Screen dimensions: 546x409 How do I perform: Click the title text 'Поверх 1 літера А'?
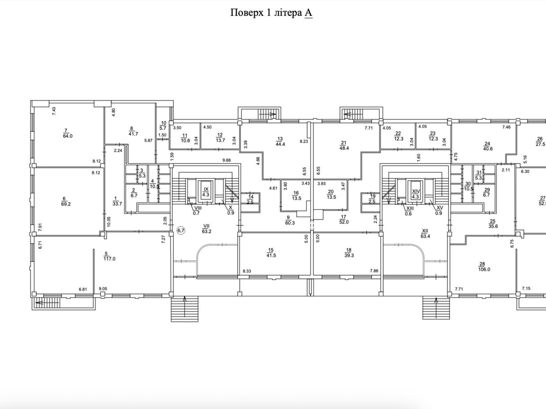[x=271, y=13]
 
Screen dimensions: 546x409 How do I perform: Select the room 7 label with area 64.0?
[x=68, y=133]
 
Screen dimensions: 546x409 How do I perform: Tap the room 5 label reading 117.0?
[x=110, y=256]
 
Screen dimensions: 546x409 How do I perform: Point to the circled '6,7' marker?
[x=181, y=230]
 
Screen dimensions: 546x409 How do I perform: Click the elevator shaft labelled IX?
[x=206, y=192]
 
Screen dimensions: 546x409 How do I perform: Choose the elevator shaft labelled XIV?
[x=416, y=192]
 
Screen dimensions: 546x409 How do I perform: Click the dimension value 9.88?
[x=226, y=160]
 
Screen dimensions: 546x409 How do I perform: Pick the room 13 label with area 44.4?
[x=280, y=141]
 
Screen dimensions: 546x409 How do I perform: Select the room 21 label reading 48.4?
[x=344, y=145]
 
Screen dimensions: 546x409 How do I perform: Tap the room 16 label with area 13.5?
[x=297, y=195]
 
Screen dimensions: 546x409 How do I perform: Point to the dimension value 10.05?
[x=109, y=222]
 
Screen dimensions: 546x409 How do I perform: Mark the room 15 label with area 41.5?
[x=271, y=253]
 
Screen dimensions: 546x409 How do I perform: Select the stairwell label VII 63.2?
[x=207, y=228]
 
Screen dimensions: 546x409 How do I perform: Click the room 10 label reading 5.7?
[x=163, y=126]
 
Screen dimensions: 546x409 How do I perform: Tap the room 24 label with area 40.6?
[x=488, y=146]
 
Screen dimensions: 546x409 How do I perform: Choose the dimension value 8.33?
[x=247, y=271]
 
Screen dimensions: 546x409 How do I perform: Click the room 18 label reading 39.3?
[x=349, y=253]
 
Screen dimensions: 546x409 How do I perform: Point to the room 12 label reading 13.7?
[x=220, y=138]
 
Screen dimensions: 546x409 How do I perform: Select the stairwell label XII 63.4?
[x=425, y=233]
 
